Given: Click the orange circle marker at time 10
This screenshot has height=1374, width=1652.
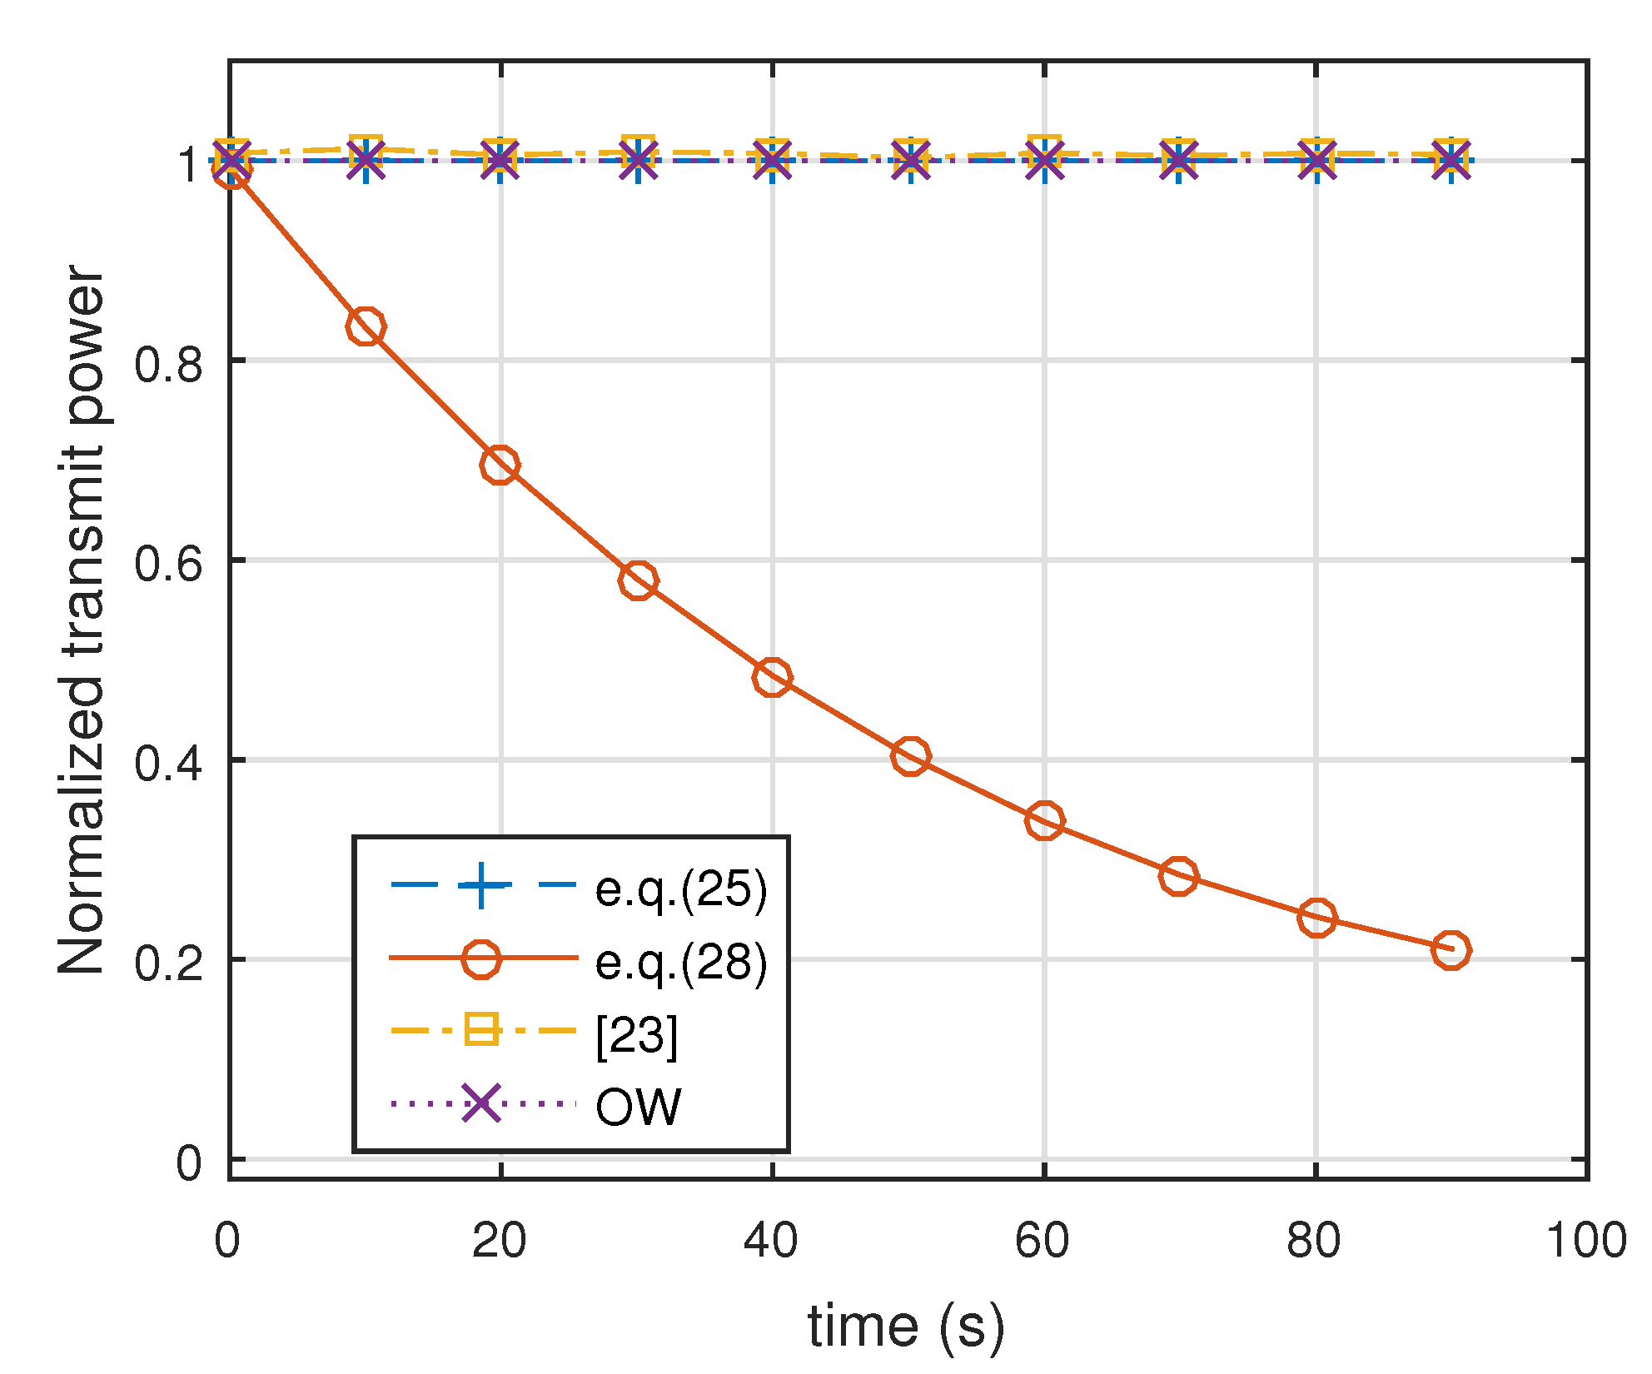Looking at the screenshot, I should pos(366,326).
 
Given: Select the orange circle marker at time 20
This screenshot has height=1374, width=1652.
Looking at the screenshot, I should pos(500,465).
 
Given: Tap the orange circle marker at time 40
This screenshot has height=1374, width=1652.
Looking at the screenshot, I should pos(772,677).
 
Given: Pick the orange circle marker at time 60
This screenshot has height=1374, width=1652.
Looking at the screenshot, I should pos(1044,821).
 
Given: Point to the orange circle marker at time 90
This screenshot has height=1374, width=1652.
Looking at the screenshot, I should pos(1451,949).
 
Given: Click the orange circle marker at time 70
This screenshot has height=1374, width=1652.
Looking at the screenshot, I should pos(1178,876).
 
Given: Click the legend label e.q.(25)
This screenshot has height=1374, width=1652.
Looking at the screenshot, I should pos(681,889).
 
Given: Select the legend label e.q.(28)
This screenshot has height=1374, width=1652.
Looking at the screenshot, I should pos(681,962).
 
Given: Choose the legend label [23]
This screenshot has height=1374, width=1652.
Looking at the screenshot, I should pos(637,1036).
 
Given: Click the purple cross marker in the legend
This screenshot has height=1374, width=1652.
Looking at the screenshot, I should pos(481,1104).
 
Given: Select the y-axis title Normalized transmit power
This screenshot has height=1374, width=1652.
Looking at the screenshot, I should pos(82,620).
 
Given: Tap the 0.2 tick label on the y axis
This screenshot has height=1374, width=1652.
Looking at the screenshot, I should pos(169,963).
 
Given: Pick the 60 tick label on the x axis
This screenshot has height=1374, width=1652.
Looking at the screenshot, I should pos(1042,1241).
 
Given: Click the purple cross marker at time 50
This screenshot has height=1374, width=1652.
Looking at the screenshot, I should pos(910,160).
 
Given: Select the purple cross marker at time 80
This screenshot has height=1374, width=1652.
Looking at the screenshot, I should pos(1316,160).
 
